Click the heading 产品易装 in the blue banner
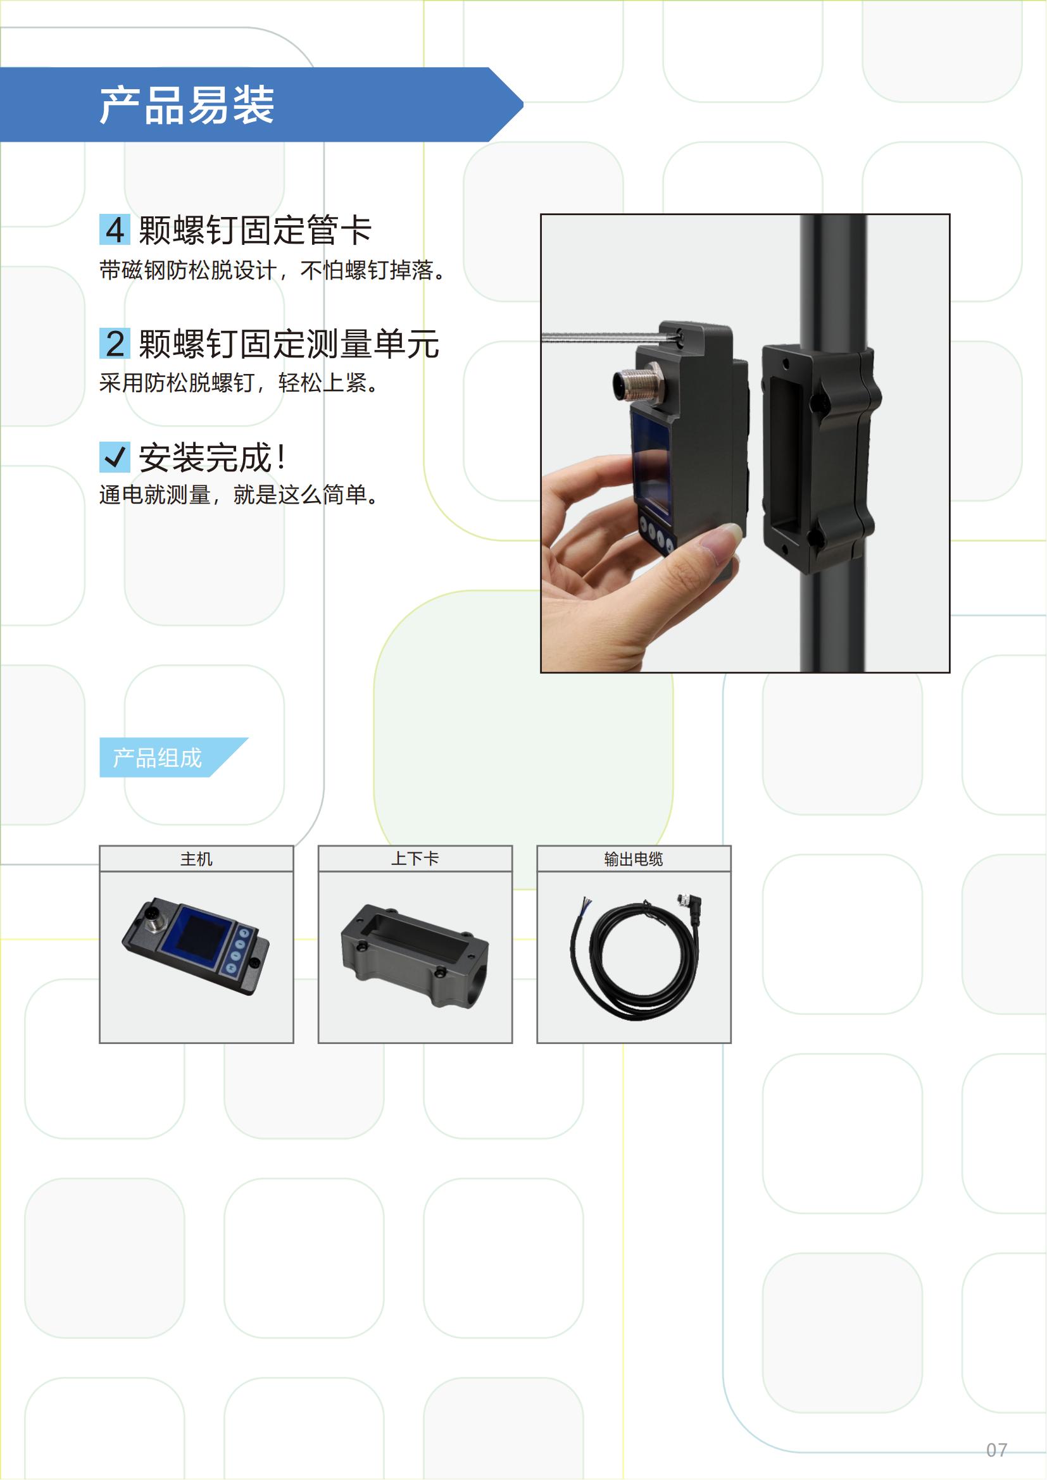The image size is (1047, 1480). pyautogui.click(x=187, y=105)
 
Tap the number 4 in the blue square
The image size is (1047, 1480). pyautogui.click(x=115, y=230)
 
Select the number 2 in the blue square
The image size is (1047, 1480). pyautogui.click(x=115, y=343)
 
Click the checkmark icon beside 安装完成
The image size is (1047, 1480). pyautogui.click(x=115, y=457)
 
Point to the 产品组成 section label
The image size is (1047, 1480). pyautogui.click(x=158, y=758)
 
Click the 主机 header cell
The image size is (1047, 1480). pyautogui.click(x=197, y=859)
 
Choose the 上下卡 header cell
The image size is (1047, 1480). pyautogui.click(x=415, y=859)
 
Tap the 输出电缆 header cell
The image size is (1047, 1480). pyautogui.click(x=634, y=859)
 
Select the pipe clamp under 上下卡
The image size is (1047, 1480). pyautogui.click(x=415, y=956)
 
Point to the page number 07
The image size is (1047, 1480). pyautogui.click(x=997, y=1450)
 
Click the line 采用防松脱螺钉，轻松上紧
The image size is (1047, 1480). pyautogui.click(x=239, y=383)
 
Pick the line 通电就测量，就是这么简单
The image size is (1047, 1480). pyautogui.click(x=239, y=494)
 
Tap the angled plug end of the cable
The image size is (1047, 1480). pyautogui.click(x=689, y=907)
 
